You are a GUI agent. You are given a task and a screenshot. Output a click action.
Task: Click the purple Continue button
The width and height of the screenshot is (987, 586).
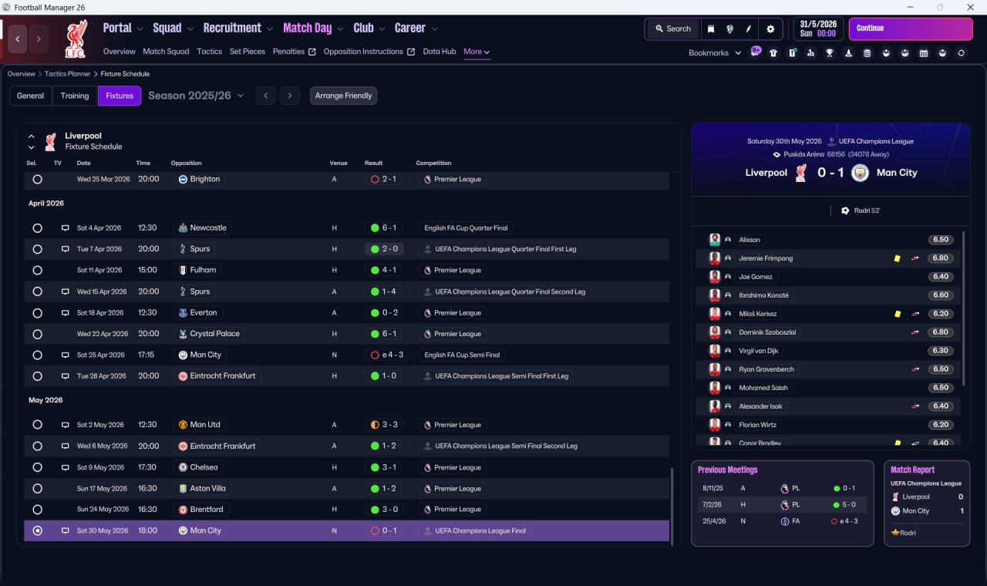911,29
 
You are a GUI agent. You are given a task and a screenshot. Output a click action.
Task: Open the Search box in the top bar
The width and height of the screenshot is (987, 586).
673,29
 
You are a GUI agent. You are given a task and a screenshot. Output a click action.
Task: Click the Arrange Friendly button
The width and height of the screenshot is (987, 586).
343,96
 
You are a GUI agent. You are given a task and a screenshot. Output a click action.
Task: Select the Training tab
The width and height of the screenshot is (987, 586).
75,96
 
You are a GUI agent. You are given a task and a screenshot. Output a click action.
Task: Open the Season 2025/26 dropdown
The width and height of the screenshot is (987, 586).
196,96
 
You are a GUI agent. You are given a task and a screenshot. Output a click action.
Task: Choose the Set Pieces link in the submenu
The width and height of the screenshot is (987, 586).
248,52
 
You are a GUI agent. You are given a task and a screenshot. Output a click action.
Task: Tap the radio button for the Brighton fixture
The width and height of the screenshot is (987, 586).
38,180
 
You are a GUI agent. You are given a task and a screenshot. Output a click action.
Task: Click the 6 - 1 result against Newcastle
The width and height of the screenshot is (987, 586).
389,227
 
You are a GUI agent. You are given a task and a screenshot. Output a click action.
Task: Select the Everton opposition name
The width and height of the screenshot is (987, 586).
203,313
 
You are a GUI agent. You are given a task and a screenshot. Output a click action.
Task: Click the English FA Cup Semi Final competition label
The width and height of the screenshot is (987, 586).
462,355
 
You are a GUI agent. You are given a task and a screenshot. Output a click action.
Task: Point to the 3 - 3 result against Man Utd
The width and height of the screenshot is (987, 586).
389,425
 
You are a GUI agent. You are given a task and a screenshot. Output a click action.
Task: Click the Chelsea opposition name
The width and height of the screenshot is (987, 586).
204,467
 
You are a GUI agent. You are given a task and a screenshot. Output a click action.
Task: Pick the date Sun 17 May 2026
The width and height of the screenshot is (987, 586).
102,488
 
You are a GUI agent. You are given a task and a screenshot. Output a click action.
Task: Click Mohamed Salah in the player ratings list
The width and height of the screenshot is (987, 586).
763,388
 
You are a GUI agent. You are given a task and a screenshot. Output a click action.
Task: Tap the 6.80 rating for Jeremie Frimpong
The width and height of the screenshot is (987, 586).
940,258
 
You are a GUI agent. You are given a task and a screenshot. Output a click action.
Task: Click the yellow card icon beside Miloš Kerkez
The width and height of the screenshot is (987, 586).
898,314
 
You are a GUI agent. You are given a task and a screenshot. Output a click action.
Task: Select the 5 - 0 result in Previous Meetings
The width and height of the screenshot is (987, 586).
849,505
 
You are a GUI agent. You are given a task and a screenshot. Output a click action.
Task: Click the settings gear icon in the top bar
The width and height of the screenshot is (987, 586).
770,29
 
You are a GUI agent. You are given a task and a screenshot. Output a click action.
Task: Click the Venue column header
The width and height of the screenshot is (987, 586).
339,163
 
